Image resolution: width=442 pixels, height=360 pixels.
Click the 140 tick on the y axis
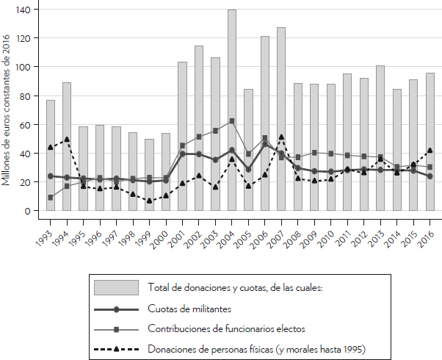[27, 10]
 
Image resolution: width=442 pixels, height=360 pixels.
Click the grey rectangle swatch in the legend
[116, 287]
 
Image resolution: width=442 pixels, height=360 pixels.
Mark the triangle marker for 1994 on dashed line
[67, 139]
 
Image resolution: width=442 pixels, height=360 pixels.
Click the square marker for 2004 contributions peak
[232, 121]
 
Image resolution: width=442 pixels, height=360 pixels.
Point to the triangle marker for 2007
[281, 137]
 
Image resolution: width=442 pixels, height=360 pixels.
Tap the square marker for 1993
[51, 198]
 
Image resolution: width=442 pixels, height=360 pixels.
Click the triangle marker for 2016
[430, 151]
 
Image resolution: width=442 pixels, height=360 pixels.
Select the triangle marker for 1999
[149, 201]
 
